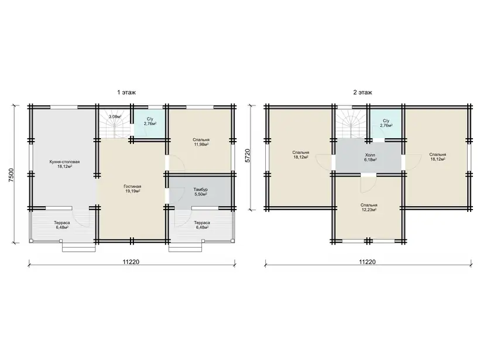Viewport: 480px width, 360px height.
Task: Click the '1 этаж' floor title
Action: (126, 92)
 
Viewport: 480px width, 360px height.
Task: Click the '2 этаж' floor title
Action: (363, 92)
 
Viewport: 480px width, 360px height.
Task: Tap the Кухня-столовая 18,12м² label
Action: (64, 164)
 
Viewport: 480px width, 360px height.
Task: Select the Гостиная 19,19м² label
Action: (132, 188)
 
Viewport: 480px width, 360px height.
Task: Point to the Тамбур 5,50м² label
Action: (201, 192)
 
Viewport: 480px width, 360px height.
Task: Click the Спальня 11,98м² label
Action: (201, 142)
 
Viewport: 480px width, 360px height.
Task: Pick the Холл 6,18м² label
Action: (370, 157)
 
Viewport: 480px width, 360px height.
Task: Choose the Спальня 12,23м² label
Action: (369, 207)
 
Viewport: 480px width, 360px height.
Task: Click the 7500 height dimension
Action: (11, 176)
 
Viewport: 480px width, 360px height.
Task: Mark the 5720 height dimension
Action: (248, 156)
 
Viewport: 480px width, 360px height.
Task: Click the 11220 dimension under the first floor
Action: (131, 262)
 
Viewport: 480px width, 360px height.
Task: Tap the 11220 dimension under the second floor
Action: (368, 262)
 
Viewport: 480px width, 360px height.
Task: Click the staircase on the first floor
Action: (114, 126)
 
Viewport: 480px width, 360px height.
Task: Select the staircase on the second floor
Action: (351, 125)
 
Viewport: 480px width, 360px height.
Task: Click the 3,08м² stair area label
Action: (115, 116)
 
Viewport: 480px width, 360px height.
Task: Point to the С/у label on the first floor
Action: (150, 119)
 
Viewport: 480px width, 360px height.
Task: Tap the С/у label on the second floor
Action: (386, 121)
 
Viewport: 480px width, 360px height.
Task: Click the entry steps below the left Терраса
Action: (79, 246)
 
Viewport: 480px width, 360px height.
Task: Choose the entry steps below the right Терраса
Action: (186, 246)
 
